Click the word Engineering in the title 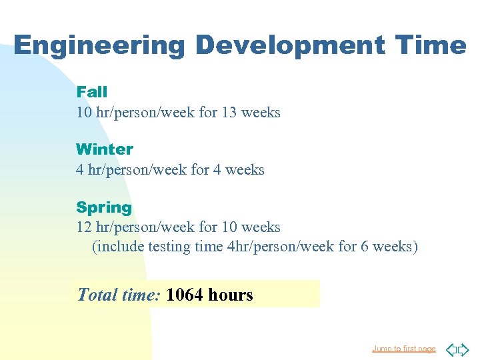[x=99, y=45]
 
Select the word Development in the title [x=289, y=45]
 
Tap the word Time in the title [x=430, y=45]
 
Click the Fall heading [x=91, y=92]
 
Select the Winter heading [x=105, y=149]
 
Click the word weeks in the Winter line [x=245, y=170]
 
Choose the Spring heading [x=104, y=207]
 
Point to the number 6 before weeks [x=365, y=247]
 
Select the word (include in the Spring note [x=117, y=247]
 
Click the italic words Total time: [x=119, y=295]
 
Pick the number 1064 [x=185, y=295]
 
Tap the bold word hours [x=231, y=295]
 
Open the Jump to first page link [x=403, y=349]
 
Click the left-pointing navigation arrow [x=451, y=349]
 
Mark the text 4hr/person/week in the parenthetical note [x=281, y=247]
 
